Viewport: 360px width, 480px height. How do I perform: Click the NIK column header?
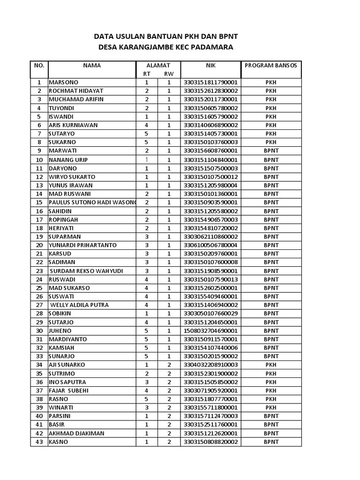pyautogui.click(x=210, y=66)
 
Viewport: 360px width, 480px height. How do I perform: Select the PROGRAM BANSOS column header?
pyautogui.click(x=271, y=66)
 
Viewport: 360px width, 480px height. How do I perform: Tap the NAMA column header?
pyautogui.click(x=92, y=66)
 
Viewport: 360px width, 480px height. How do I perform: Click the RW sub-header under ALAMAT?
pyautogui.click(x=169, y=74)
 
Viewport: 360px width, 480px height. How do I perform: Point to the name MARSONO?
pyautogui.click(x=64, y=82)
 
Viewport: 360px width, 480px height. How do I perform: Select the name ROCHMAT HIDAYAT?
pyautogui.click(x=76, y=91)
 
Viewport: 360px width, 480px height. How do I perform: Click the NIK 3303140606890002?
pyautogui.click(x=210, y=125)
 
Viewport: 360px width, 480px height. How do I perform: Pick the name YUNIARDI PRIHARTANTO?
pyautogui.click(x=82, y=245)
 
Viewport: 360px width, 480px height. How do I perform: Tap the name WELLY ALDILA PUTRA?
pyautogui.click(x=80, y=305)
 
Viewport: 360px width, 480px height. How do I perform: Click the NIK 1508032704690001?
pyautogui.click(x=210, y=330)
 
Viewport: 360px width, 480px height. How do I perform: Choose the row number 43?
pyautogui.click(x=39, y=442)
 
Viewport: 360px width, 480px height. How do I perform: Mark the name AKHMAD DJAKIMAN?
pyautogui.click(x=76, y=434)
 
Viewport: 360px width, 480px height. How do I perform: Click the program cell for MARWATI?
pyautogui.click(x=271, y=151)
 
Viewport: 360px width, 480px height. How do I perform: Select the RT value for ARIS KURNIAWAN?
pyautogui.click(x=147, y=125)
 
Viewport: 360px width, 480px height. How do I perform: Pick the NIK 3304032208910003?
pyautogui.click(x=210, y=365)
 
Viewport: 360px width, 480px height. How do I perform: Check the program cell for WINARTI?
pyautogui.click(x=271, y=408)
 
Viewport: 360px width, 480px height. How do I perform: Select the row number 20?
pyautogui.click(x=39, y=245)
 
